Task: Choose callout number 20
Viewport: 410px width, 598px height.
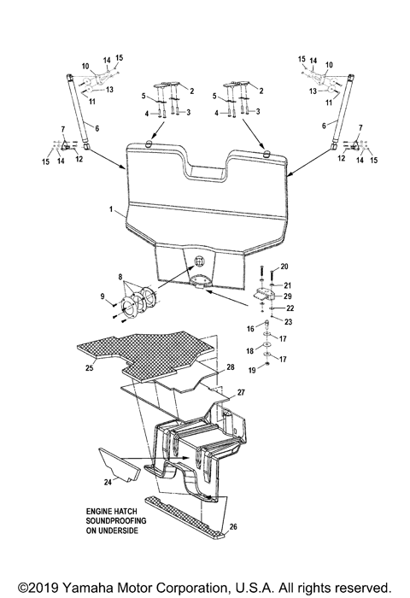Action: (x=284, y=267)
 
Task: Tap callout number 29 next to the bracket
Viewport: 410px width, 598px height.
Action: (x=289, y=296)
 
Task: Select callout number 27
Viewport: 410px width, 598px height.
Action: (x=240, y=392)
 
